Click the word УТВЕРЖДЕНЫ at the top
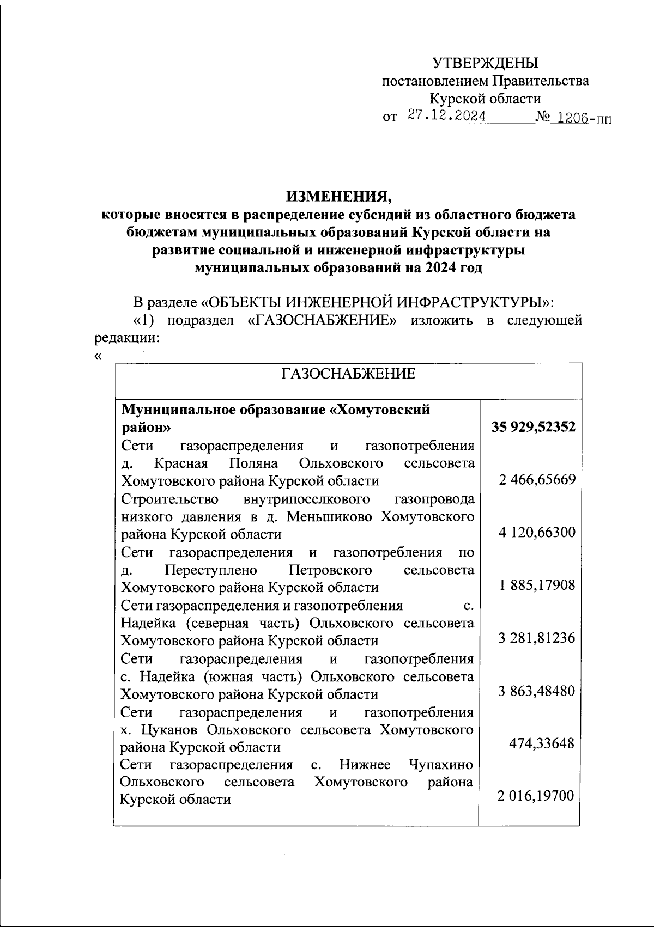click(485, 63)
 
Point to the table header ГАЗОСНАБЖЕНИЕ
click(348, 374)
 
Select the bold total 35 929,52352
click(534, 427)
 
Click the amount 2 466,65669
click(537, 479)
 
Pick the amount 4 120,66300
click(537, 532)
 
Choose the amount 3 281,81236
click(537, 638)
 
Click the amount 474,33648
click(541, 743)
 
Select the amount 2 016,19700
click(536, 796)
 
